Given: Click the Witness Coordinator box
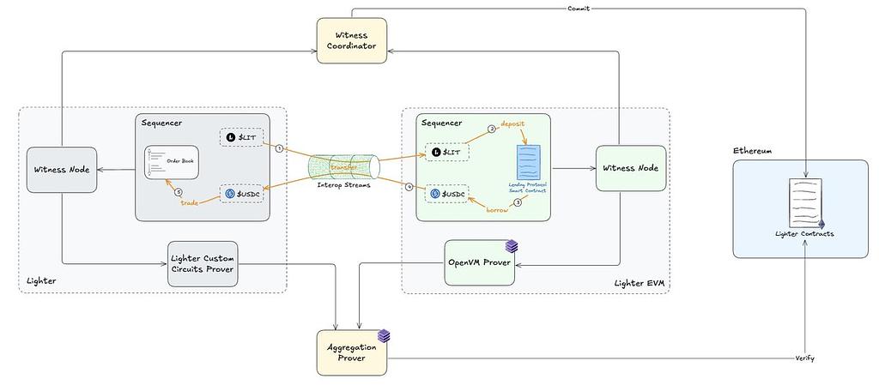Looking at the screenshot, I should pos(351,39).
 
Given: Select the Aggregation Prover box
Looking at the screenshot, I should pos(351,352).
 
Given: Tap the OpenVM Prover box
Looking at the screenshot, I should pos(480,263).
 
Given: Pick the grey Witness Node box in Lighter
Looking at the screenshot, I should pos(61,169).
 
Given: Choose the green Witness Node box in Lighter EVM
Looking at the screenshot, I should pos(630,168).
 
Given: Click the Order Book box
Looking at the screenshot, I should pos(172,162).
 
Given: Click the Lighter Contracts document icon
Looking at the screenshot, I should pos(804,202).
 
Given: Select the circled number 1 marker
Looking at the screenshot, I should pos(279,147).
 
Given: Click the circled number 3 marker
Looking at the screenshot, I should pos(518,203).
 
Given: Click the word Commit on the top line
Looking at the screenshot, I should pos(579,9).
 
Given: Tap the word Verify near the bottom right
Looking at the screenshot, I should pos(803,358).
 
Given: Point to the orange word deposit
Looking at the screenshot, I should pos(513,123).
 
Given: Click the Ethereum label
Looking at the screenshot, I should pos(752,151).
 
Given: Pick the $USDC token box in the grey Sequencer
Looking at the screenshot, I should pos(241,194).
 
